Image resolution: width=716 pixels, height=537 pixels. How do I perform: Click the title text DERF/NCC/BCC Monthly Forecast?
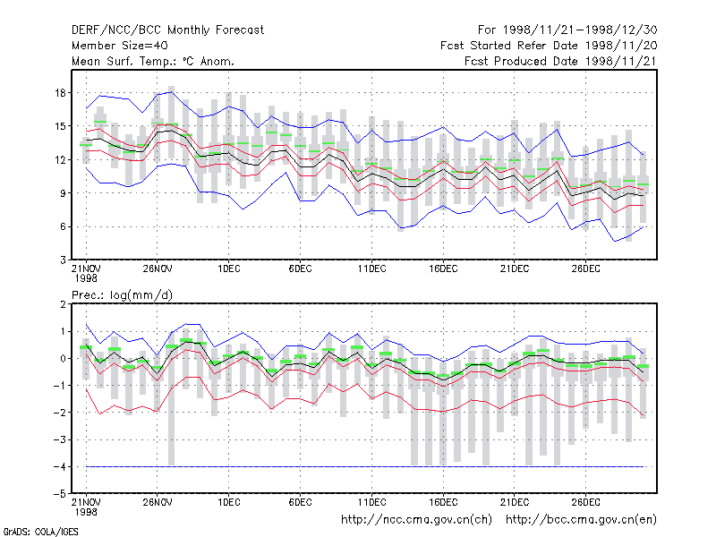click(167, 30)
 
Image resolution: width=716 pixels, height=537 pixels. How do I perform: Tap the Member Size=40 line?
click(120, 46)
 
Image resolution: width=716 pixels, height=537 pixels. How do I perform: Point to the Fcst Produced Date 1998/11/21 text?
click(561, 61)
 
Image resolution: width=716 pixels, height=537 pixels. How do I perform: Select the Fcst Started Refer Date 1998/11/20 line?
click(549, 46)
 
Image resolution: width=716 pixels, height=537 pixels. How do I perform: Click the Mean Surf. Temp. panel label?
click(153, 61)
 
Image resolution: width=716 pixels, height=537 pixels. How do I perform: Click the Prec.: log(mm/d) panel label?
click(122, 295)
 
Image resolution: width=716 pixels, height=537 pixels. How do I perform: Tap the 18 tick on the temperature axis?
click(60, 93)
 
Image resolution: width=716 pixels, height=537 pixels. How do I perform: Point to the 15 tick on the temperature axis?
click(60, 126)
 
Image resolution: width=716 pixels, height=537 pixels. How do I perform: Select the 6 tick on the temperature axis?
click(63, 226)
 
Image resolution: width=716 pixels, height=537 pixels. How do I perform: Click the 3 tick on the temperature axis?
click(63, 260)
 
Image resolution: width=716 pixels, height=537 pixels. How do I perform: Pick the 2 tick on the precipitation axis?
click(63, 304)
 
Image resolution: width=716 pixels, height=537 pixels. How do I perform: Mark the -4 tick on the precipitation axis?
click(59, 466)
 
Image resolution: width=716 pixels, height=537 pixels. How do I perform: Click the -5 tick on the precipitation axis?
click(59, 494)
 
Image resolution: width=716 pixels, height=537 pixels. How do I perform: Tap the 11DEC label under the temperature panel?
click(371, 269)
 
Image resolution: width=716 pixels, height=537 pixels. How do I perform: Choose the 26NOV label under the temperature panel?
click(158, 269)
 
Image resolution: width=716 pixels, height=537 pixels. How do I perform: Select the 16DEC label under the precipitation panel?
click(443, 502)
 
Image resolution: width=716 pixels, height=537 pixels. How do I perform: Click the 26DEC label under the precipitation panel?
click(586, 502)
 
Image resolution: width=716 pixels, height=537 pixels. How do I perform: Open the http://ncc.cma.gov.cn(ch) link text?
click(416, 520)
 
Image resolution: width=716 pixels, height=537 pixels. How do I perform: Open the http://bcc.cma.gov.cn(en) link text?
click(581, 520)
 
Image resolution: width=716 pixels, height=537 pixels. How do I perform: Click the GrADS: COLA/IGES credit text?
click(41, 532)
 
